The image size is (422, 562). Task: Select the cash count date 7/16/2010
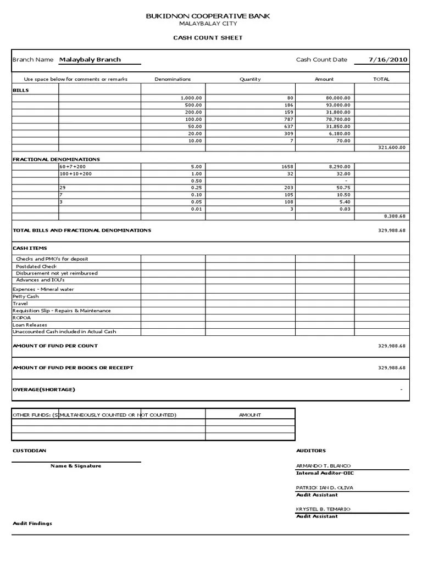click(388, 59)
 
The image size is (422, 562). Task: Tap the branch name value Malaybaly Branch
click(90, 59)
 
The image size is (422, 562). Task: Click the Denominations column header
click(173, 79)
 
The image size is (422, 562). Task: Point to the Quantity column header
click(250, 79)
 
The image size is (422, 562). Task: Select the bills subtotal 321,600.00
click(392, 148)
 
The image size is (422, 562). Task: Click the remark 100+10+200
click(76, 173)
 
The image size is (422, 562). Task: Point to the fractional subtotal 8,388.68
click(394, 216)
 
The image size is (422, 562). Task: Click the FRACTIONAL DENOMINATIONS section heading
click(56, 159)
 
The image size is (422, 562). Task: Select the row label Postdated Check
click(36, 266)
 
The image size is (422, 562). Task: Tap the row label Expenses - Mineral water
click(43, 289)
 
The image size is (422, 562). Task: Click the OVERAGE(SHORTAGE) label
click(43, 390)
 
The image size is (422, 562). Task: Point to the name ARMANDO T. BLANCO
click(323, 466)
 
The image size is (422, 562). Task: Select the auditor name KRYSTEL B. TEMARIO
click(323, 509)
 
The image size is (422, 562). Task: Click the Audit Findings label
click(32, 524)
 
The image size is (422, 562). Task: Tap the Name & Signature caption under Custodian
click(76, 466)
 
